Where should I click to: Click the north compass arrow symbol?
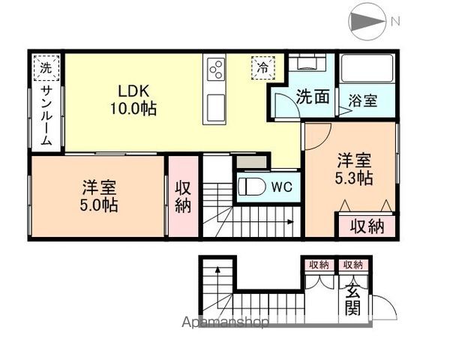368,22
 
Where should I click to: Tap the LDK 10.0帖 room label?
133,100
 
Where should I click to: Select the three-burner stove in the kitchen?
214,69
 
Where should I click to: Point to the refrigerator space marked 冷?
263,67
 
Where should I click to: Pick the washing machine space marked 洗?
46,68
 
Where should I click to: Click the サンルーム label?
46,115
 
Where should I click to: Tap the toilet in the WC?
252,187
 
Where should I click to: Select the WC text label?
282,187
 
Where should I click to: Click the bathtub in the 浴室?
367,68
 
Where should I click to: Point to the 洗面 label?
313,97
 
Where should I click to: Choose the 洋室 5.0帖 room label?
99,196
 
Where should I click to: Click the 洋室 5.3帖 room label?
354,169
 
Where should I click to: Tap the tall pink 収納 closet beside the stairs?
183,196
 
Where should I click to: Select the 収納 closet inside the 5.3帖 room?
367,226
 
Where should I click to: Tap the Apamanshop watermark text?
225,322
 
